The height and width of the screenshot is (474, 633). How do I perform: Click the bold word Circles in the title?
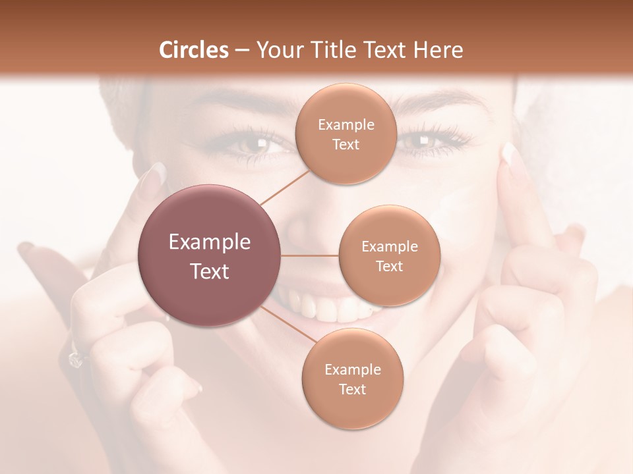pos(193,50)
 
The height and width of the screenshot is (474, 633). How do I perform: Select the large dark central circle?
pos(210,255)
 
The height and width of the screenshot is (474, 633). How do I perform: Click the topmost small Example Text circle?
pos(346,134)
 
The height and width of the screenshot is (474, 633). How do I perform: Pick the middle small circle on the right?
pos(389,255)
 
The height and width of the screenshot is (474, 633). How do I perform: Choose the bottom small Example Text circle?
pos(352,379)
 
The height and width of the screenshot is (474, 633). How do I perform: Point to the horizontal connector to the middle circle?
pos(310,255)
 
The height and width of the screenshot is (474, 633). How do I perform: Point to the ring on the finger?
pos(75,358)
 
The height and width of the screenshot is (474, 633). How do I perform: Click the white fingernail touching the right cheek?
pos(508,154)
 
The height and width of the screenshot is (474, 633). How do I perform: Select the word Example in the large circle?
pos(210,242)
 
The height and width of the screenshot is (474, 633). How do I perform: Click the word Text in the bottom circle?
pos(352,389)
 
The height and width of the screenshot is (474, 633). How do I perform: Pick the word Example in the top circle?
pos(346,125)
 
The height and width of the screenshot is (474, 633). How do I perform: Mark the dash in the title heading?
pos(241,51)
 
